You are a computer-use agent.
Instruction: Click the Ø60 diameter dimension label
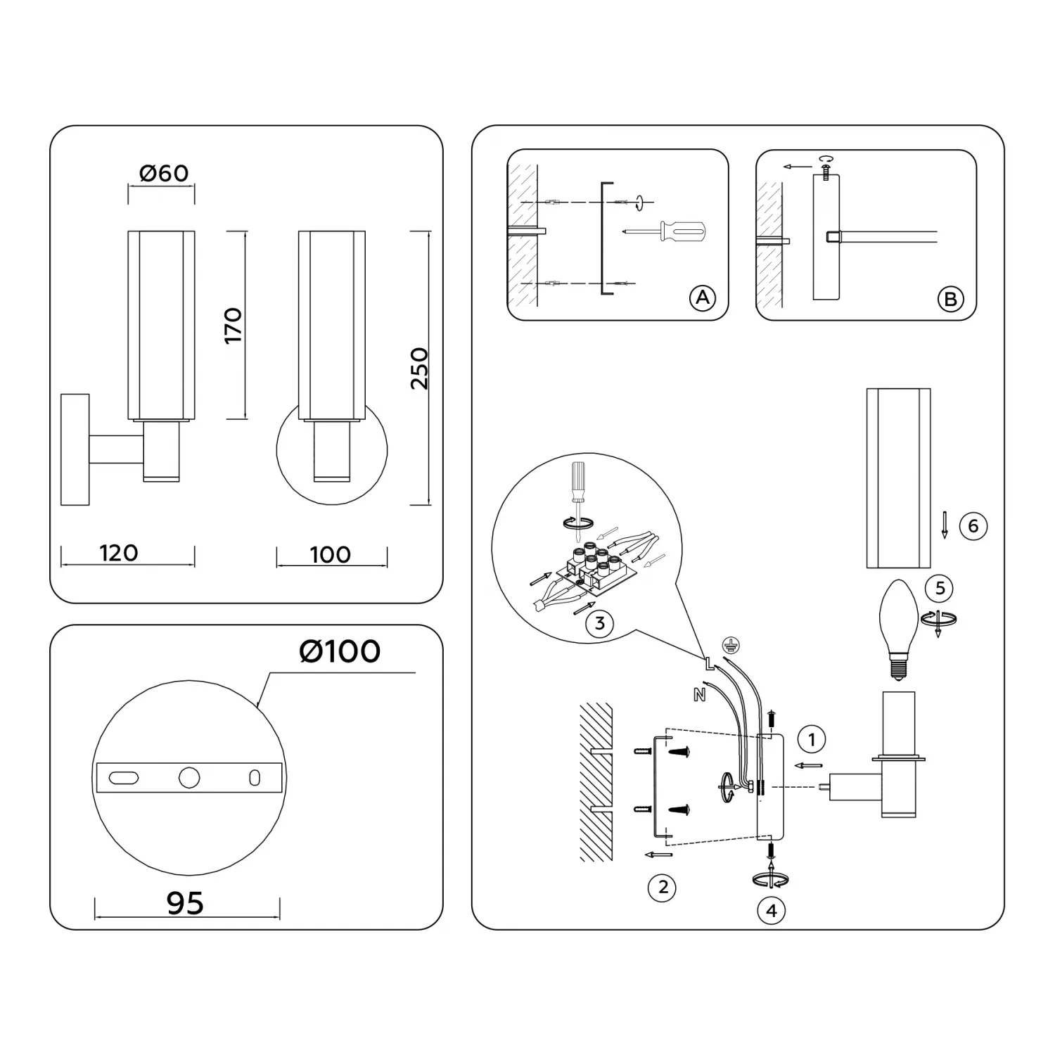(x=164, y=173)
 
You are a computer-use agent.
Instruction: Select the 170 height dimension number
(x=234, y=325)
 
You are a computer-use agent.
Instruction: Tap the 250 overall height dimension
(x=419, y=368)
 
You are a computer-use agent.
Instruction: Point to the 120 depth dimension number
(x=119, y=553)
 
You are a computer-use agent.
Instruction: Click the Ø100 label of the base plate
(x=340, y=651)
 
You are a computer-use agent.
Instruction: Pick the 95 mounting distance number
(x=185, y=903)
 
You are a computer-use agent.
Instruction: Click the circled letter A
(x=702, y=298)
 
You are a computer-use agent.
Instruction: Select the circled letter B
(x=950, y=300)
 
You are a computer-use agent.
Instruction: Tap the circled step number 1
(x=812, y=739)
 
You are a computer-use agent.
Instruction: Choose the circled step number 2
(x=663, y=887)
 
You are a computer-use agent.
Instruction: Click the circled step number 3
(x=599, y=623)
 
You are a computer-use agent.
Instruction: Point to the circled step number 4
(x=772, y=910)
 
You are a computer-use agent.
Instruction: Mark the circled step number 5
(x=940, y=587)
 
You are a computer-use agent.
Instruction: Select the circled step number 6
(x=973, y=525)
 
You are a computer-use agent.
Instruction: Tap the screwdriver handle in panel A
(x=683, y=231)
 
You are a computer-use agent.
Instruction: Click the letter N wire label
(x=699, y=695)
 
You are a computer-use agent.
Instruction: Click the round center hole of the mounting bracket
(x=189, y=777)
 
